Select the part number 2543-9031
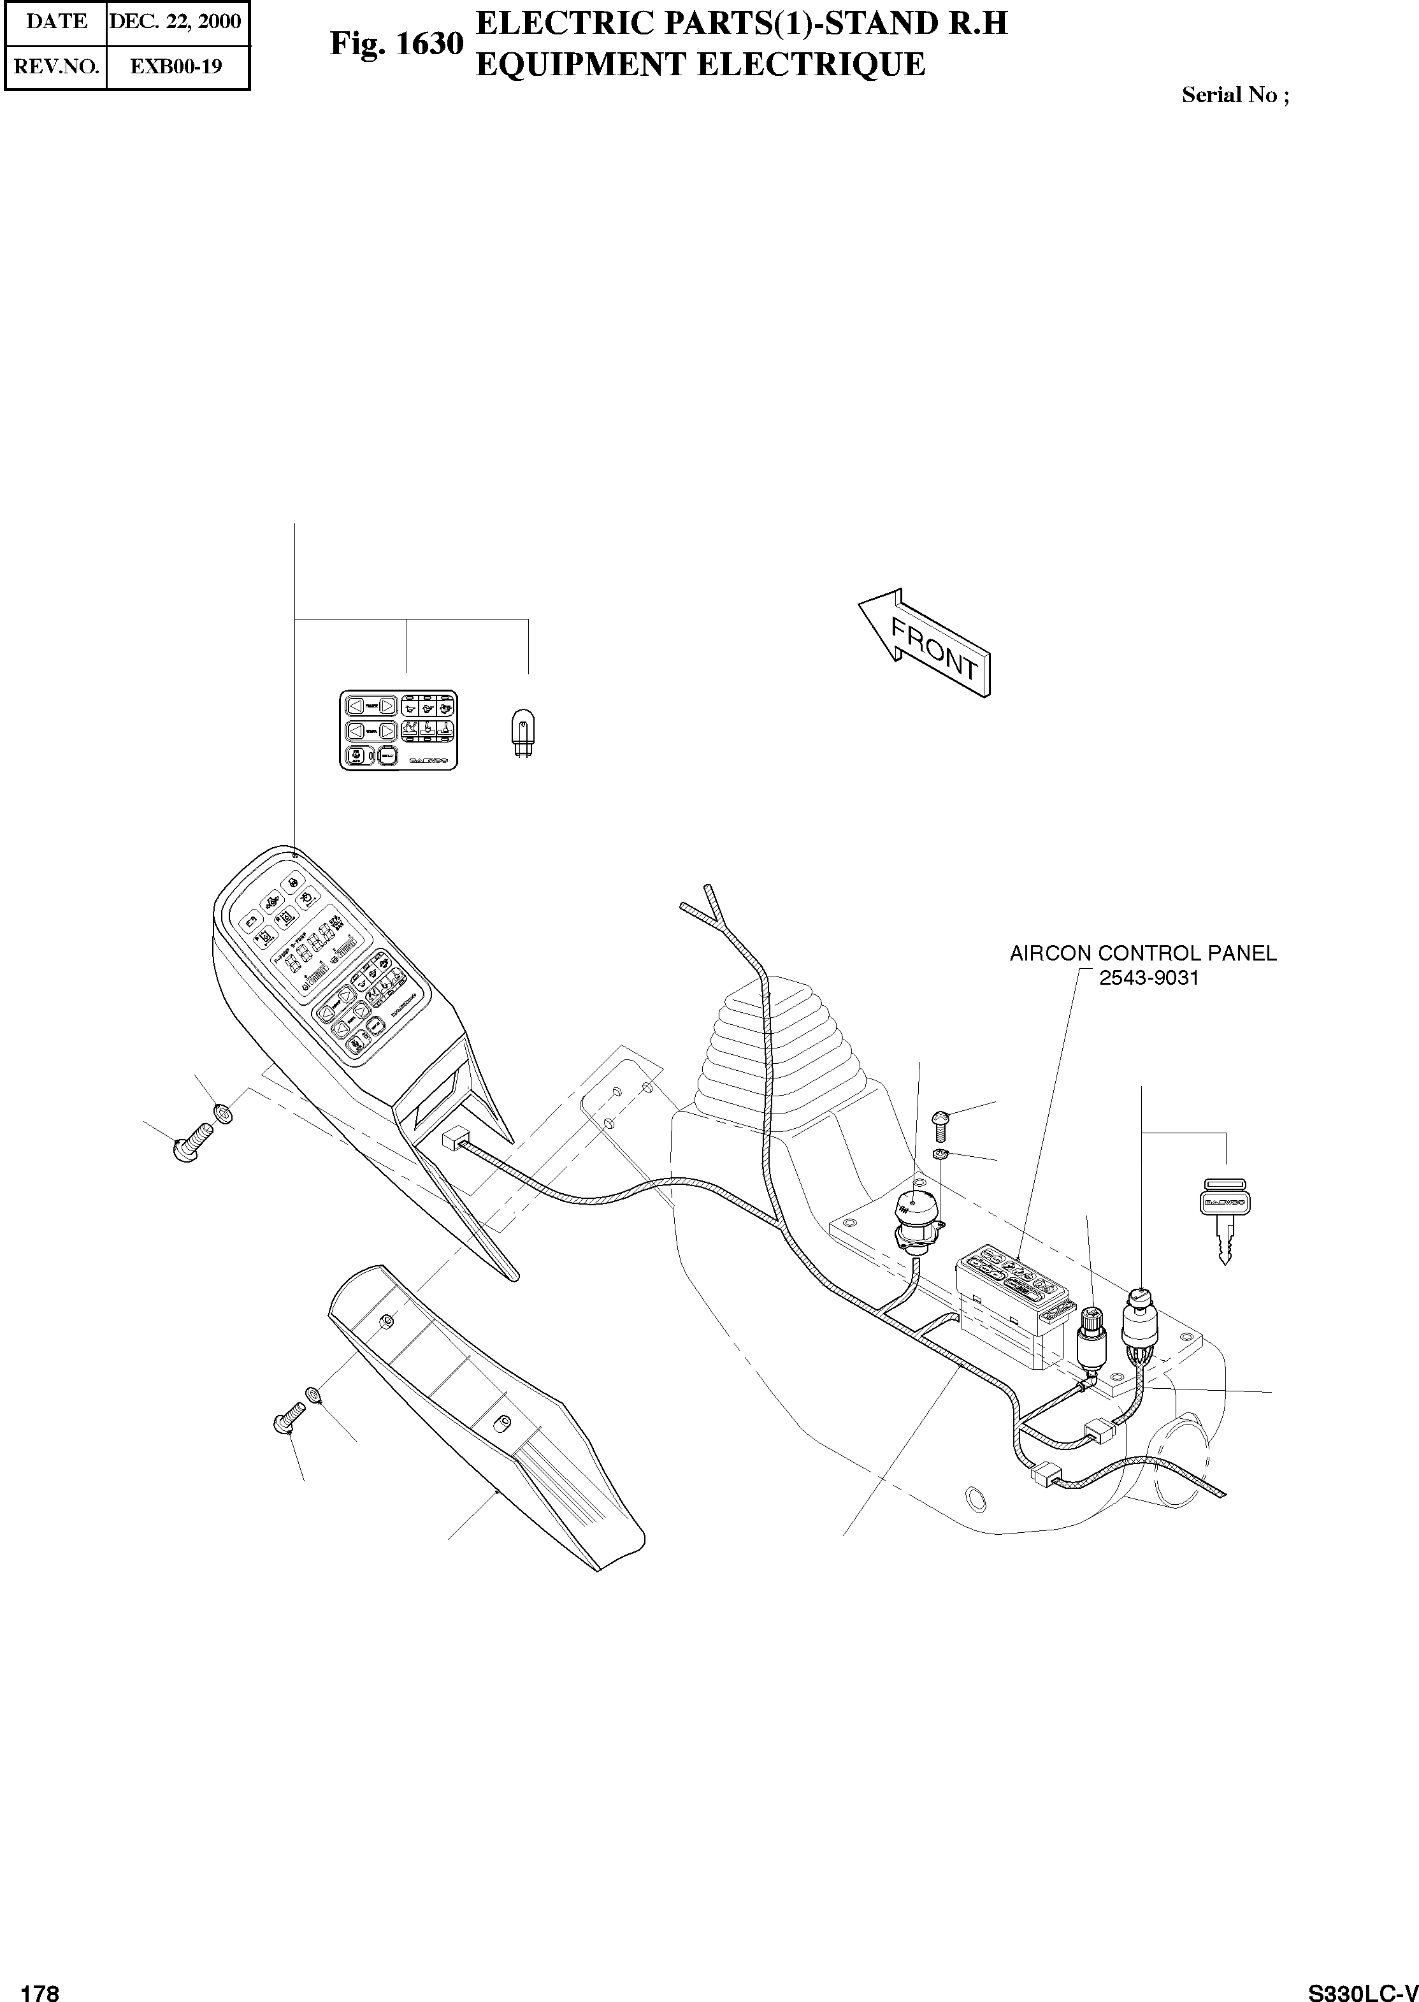tap(1148, 978)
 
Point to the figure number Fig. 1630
tap(396, 44)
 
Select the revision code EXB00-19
tap(176, 66)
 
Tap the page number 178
tap(40, 1988)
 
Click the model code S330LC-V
tap(1362, 1988)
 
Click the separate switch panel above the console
tap(398, 730)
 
